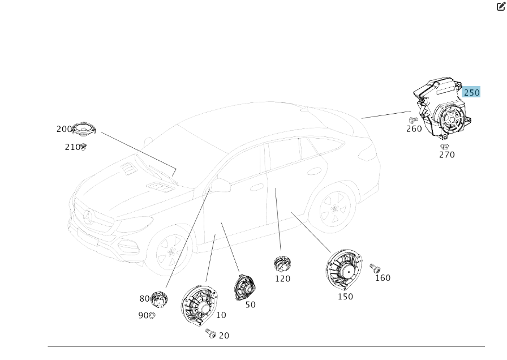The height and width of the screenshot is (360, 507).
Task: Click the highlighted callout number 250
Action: (x=471, y=93)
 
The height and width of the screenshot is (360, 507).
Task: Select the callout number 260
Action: (x=414, y=128)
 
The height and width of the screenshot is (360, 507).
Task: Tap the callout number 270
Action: (x=447, y=155)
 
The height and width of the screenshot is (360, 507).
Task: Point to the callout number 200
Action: (x=64, y=129)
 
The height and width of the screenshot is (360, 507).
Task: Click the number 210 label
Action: (x=72, y=147)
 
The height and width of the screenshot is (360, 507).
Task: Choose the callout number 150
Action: (x=345, y=297)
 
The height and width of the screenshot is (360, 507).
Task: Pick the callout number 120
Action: (x=282, y=278)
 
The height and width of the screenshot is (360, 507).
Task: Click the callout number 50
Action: (x=250, y=305)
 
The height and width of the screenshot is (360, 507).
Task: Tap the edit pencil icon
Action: (x=501, y=6)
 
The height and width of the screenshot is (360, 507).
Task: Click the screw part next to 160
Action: (x=375, y=268)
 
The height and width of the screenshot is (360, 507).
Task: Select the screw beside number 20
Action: (x=211, y=333)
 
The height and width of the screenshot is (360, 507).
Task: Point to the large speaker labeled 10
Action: (x=199, y=305)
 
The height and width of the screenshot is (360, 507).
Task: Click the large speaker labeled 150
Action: (x=343, y=270)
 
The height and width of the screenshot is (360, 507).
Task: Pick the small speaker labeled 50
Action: (x=245, y=288)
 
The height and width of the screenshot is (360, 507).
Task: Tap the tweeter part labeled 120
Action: (x=282, y=264)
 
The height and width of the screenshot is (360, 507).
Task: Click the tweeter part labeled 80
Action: (x=159, y=299)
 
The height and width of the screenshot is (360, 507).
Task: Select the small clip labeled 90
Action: (x=152, y=315)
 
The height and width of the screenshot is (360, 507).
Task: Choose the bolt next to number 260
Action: (x=413, y=120)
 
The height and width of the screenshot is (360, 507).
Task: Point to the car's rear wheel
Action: (x=334, y=209)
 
